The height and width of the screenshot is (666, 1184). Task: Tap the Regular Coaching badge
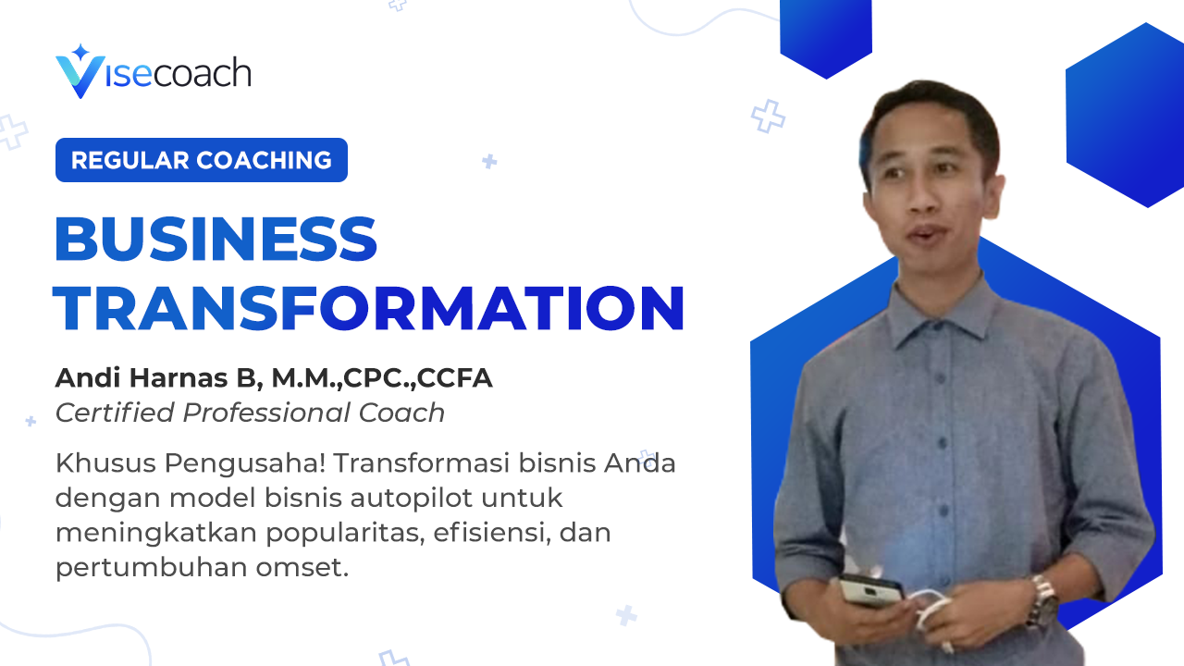pos(202,160)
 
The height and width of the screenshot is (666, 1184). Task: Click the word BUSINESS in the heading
pos(216,239)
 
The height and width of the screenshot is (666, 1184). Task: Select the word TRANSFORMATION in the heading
pos(369,308)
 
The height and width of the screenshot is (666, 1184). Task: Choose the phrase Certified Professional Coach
pos(250,413)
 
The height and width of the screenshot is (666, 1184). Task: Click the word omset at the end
pos(302,568)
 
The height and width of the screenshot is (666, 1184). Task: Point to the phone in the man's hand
pos(871,590)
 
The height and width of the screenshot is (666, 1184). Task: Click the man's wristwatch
pos(1042,600)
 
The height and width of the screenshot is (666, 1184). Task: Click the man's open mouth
pos(923,233)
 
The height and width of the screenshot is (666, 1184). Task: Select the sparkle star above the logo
pos(80,52)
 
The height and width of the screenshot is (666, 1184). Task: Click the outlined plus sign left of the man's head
pos(768,117)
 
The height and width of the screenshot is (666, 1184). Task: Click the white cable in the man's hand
pos(931,608)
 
